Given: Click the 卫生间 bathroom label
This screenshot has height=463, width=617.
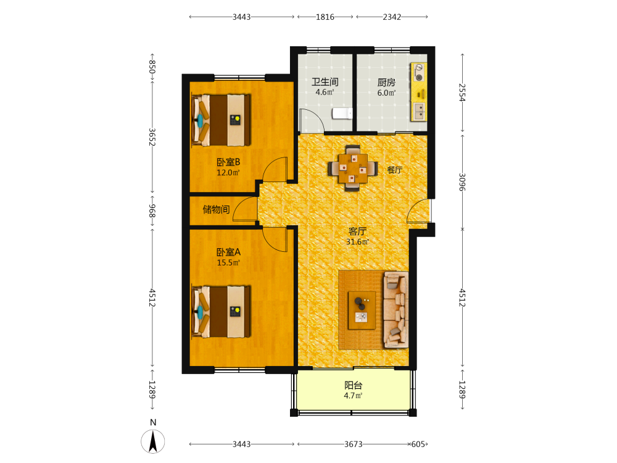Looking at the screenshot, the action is click(325, 82).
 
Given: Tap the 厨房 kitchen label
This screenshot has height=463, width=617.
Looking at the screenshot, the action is click(386, 82).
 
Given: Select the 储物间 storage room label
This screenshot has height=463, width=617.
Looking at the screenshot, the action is click(216, 209).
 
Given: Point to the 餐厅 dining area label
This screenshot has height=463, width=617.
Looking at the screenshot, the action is click(395, 170).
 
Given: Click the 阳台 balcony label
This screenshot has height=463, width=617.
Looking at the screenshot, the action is click(354, 385).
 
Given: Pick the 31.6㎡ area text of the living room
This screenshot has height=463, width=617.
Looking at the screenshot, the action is click(357, 242).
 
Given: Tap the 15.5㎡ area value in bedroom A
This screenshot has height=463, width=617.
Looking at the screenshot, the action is click(228, 262).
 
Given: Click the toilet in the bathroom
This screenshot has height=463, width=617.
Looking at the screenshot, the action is click(342, 114).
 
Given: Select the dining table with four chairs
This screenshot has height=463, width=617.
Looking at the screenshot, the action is click(353, 168).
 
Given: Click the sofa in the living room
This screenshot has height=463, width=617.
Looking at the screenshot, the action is click(395, 309).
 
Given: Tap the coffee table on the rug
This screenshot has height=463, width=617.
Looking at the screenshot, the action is click(362, 311).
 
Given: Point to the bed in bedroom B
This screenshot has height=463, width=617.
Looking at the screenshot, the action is click(222, 120).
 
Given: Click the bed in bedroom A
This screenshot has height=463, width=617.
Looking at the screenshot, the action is click(222, 311).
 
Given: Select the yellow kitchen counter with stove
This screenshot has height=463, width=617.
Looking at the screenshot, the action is click(419, 92).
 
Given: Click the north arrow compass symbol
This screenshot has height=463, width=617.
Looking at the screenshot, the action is click(152, 441).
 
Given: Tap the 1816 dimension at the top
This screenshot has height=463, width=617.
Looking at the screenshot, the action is click(325, 17).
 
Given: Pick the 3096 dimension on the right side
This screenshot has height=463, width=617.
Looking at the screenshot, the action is click(462, 182).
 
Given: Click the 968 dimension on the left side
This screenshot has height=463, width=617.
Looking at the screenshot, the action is click(152, 211).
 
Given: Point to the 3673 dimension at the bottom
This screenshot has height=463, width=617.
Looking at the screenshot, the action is click(354, 444).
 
